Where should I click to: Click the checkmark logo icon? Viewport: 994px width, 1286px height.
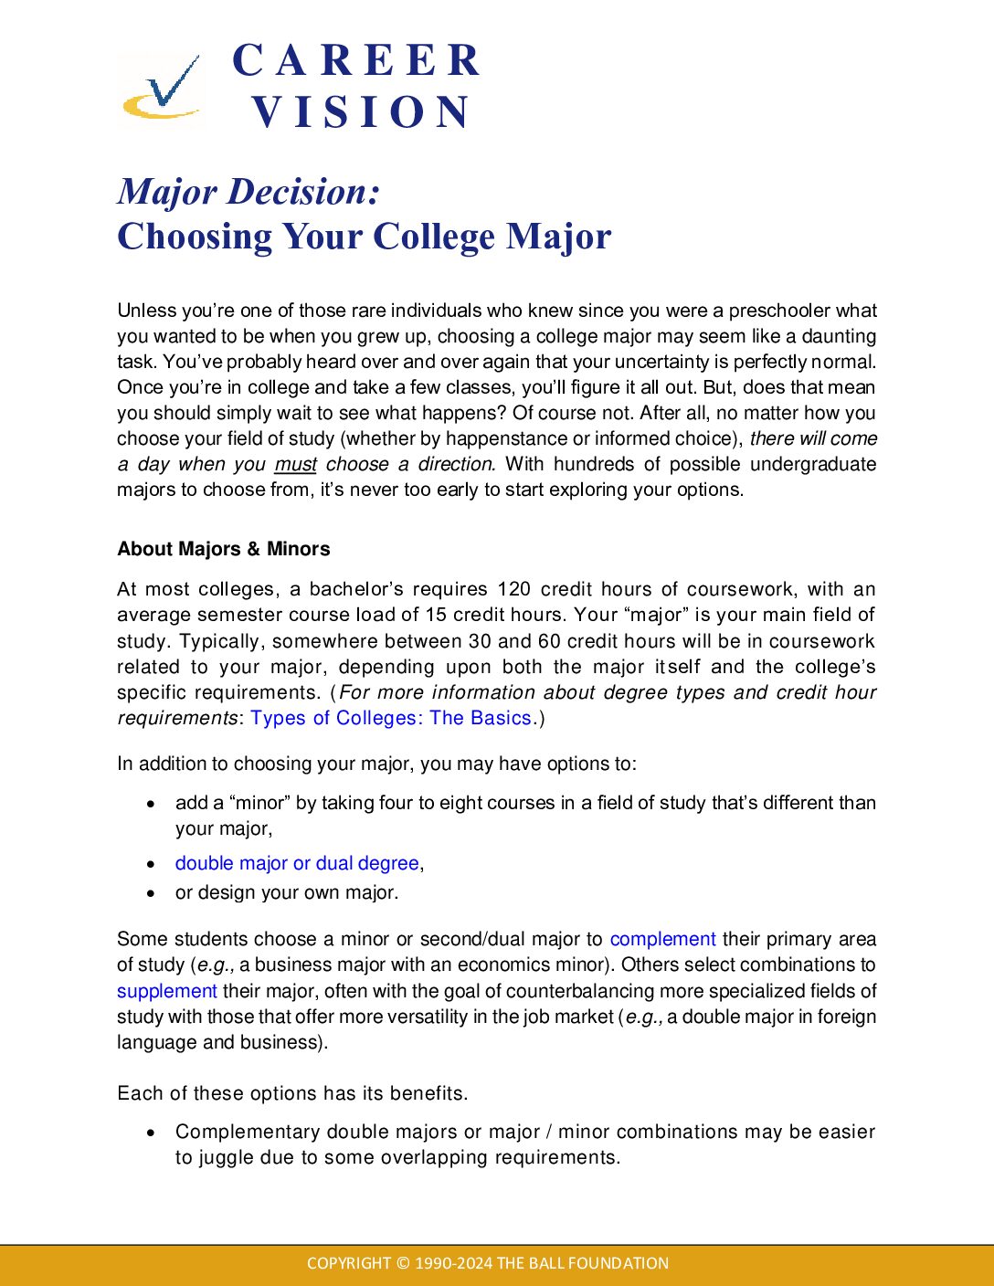coord(163,88)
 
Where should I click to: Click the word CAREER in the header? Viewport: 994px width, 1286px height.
coord(356,61)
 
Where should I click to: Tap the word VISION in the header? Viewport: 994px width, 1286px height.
coord(361,112)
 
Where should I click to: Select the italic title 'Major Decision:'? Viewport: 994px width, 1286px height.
coord(248,192)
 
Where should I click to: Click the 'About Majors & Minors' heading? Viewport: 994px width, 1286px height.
coord(224,549)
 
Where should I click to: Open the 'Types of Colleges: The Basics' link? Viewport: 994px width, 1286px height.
coord(391,718)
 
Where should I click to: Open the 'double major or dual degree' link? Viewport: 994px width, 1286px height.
coord(297,863)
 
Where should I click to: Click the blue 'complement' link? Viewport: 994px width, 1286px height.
coord(662,939)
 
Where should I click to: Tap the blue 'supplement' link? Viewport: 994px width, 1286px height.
coord(167,991)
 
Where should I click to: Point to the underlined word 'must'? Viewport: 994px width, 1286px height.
coord(296,464)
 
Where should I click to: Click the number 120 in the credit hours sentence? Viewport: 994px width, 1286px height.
coord(514,589)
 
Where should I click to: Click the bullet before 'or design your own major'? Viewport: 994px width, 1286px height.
coord(152,892)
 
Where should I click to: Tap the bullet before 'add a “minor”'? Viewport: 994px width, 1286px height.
coord(152,804)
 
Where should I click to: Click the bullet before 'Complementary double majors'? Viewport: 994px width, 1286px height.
coord(152,1133)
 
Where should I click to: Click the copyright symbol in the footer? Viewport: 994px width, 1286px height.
coord(403,1264)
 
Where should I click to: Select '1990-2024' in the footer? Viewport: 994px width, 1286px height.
coord(454,1264)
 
